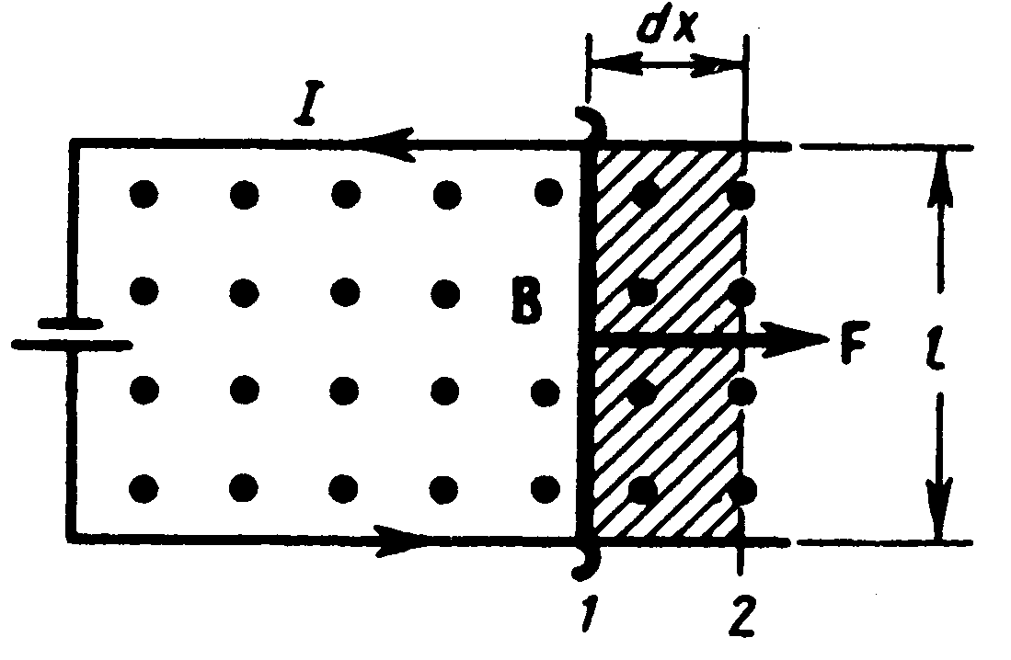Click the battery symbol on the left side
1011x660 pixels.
(x=70, y=332)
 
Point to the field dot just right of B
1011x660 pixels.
(x=549, y=291)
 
